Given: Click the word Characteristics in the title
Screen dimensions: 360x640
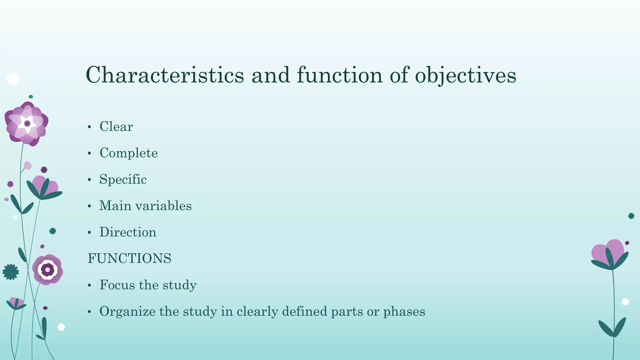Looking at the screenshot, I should click(x=165, y=75).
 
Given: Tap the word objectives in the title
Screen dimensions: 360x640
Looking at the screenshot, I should click(x=465, y=75).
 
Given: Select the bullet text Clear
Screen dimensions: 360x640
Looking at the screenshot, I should click(x=116, y=127).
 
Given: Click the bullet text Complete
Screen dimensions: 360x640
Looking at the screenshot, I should click(x=128, y=153).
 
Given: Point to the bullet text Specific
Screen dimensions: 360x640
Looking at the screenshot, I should click(x=123, y=179).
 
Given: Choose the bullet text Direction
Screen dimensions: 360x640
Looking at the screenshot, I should click(x=128, y=232).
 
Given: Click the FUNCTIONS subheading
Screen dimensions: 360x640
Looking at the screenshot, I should click(x=129, y=258).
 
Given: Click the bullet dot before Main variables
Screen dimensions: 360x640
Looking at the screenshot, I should click(x=89, y=206).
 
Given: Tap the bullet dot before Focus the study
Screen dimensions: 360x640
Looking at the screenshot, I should click(x=89, y=285).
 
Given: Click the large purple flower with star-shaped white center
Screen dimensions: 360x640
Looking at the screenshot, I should click(x=27, y=124).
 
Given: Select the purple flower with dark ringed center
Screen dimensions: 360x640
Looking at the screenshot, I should click(x=47, y=270).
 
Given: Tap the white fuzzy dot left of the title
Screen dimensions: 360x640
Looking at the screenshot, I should click(x=13, y=79).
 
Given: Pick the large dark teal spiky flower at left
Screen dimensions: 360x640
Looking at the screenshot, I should click(x=11, y=272).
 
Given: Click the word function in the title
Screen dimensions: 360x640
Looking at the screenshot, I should click(x=340, y=75).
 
